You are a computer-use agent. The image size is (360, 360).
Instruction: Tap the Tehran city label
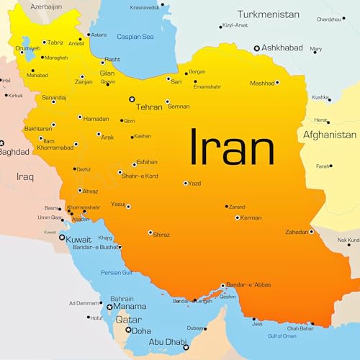click(149, 107)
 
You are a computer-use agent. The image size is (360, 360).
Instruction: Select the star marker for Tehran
click(131, 99)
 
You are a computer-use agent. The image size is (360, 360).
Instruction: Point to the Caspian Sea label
click(136, 36)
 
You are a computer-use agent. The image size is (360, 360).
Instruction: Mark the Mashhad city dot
click(278, 83)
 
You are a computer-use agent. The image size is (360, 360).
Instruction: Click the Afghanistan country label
click(330, 135)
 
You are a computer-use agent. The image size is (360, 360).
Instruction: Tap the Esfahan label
click(147, 162)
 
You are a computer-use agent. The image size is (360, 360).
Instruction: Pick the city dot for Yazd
click(186, 183)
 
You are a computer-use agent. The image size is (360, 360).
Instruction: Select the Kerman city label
click(251, 217)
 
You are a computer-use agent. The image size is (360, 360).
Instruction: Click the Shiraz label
click(163, 233)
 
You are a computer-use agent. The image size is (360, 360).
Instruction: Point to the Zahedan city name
click(297, 232)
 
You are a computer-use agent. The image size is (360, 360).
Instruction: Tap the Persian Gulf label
click(116, 272)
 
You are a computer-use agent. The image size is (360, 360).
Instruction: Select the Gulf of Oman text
click(282, 336)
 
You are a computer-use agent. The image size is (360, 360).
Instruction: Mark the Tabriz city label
click(55, 42)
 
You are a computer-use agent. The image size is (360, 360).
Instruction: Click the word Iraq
click(25, 176)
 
